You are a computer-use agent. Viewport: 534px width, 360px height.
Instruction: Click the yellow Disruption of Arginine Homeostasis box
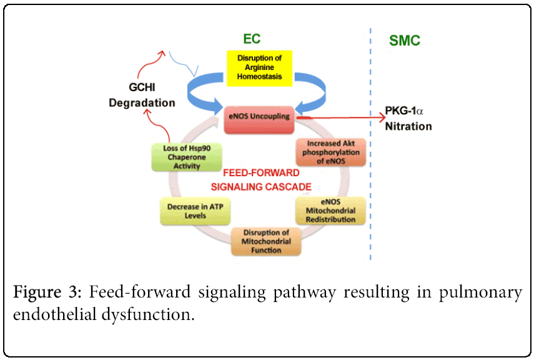[x=259, y=67]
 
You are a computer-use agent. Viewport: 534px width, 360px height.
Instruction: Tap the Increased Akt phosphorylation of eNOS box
[x=330, y=151]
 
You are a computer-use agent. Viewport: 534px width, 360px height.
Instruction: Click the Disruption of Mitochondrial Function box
[x=266, y=241]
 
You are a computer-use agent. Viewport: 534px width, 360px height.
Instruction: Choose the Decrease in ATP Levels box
[x=195, y=211]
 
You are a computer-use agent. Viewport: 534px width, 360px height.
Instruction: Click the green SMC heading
[x=404, y=41]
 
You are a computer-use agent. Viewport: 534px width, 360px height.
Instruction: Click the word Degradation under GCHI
[x=142, y=102]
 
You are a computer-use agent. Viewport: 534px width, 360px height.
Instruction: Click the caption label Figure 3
[x=49, y=292]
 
